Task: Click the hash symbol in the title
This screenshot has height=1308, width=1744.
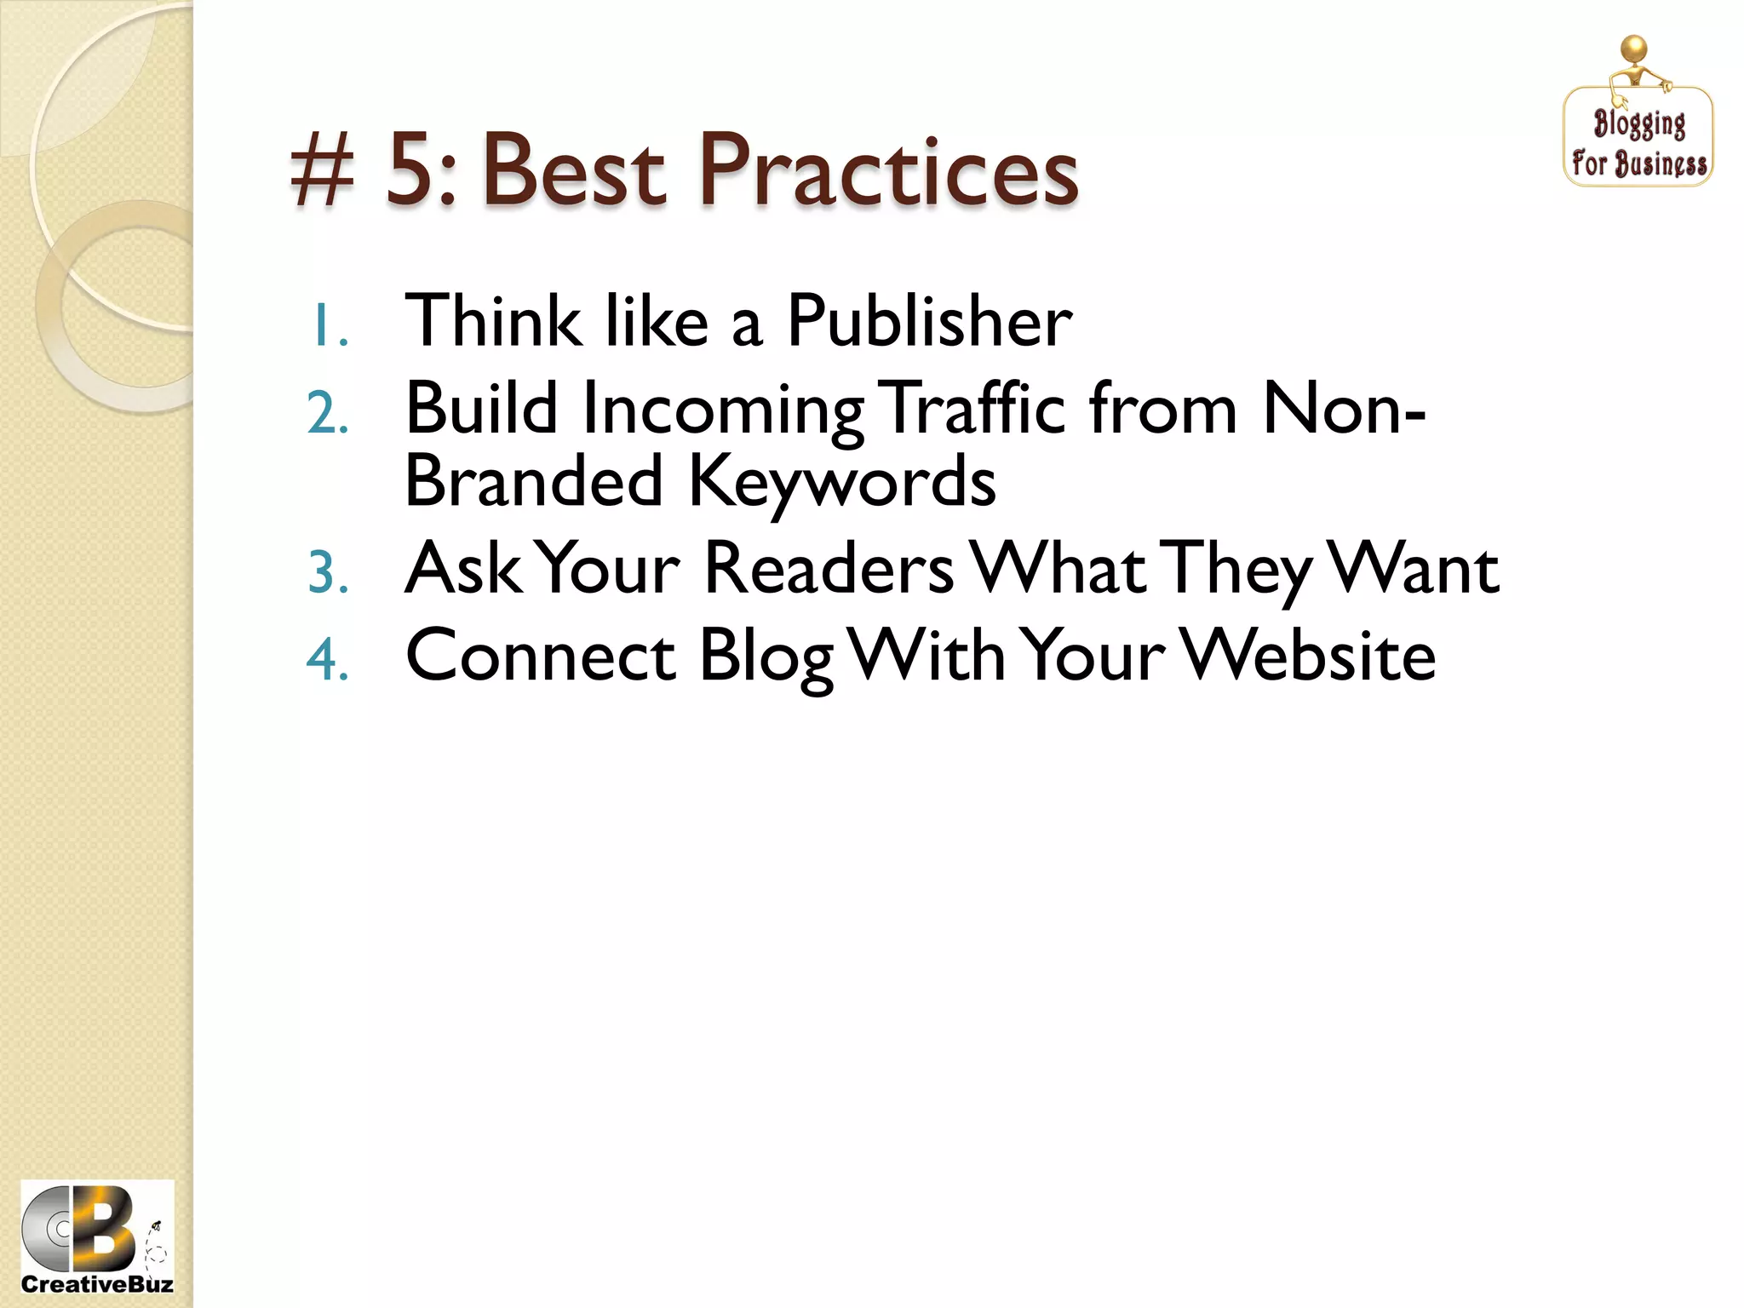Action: click(x=322, y=173)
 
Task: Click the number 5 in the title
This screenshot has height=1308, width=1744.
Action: click(x=415, y=170)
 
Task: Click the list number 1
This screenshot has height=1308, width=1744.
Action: click(x=327, y=327)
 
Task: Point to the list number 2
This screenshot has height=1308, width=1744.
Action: click(x=327, y=415)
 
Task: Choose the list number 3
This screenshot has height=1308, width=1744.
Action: click(x=328, y=572)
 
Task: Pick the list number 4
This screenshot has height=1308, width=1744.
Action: click(x=328, y=660)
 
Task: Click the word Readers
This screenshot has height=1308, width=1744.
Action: click(x=829, y=569)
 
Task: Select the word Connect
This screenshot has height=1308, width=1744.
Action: click(x=541, y=656)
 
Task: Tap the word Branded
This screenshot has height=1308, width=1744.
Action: click(x=534, y=480)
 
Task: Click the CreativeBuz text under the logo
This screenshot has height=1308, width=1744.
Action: click(x=96, y=1284)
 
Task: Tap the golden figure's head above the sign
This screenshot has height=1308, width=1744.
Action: click(x=1634, y=49)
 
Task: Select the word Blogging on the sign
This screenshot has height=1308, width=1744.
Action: click(x=1639, y=124)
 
